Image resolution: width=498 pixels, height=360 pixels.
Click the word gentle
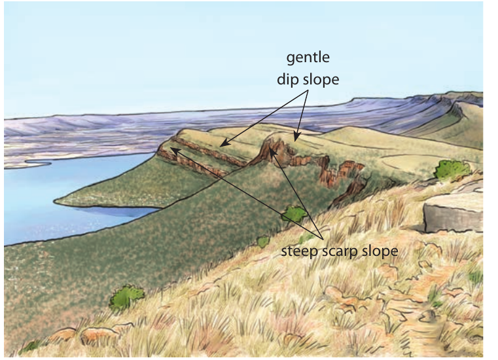pyautogui.click(x=308, y=58)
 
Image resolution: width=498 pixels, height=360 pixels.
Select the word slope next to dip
pyautogui.click(x=321, y=79)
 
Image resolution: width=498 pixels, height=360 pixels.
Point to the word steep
pyautogui.click(x=300, y=251)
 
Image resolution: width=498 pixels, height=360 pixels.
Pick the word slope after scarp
pyautogui.click(x=380, y=251)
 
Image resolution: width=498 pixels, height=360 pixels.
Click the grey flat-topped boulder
pyautogui.click(x=454, y=213)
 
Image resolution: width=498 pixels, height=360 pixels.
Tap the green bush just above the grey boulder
pyautogui.click(x=452, y=170)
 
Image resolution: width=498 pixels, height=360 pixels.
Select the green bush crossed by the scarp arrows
pyautogui.click(x=294, y=213)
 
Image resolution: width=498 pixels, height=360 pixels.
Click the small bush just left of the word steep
pyautogui.click(x=263, y=242)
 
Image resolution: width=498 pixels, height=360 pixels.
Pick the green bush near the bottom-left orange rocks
pyautogui.click(x=126, y=297)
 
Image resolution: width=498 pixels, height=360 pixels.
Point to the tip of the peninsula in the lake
pyautogui.click(x=54, y=201)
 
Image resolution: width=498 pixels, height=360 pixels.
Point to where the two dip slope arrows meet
pyautogui.click(x=308, y=90)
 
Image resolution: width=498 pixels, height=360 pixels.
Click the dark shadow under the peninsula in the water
pyautogui.click(x=118, y=211)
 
